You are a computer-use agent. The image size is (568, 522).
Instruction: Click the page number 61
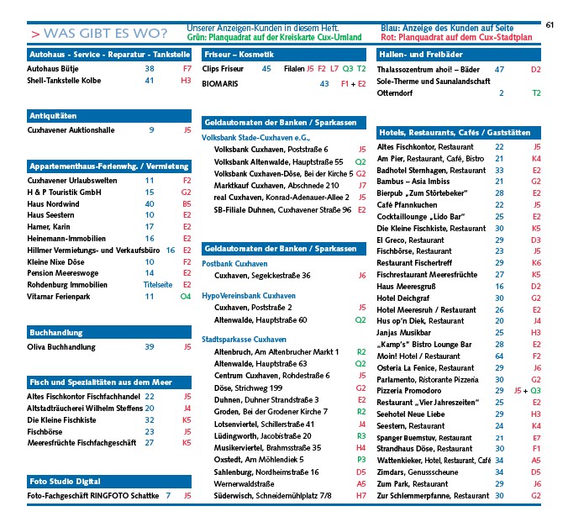(550, 25)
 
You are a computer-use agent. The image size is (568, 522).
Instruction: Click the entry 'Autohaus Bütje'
(54, 68)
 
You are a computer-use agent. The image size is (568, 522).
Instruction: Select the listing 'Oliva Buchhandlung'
(61, 346)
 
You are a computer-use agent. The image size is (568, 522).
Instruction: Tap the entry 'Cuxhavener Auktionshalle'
(70, 130)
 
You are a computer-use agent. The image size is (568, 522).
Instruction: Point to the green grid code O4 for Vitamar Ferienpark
(186, 297)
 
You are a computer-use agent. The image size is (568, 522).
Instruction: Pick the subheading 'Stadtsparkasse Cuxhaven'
(245, 339)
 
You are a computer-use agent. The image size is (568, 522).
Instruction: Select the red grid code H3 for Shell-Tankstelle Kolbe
(186, 81)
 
